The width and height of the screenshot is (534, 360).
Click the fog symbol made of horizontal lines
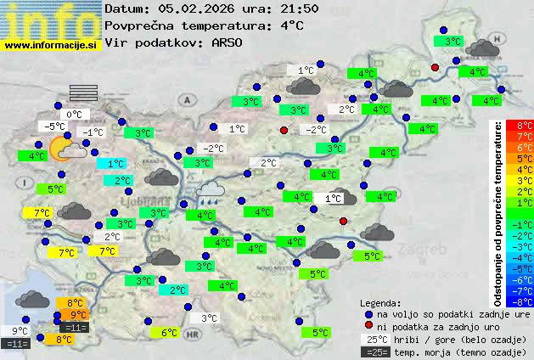[85, 93]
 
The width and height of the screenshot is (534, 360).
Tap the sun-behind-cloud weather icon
[65, 150]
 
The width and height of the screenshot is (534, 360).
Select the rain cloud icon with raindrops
[210, 191]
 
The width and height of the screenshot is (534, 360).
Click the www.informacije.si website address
[51, 45]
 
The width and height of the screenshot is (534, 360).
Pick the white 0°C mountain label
[74, 115]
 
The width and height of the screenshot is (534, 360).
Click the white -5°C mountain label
[55, 127]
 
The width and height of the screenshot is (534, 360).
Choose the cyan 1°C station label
[115, 164]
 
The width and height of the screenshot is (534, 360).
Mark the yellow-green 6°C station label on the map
[169, 333]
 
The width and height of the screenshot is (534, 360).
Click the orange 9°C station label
[79, 315]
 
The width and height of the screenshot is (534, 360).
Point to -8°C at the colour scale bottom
[519, 301]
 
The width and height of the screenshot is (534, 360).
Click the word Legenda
[380, 302]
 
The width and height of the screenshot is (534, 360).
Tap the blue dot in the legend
[368, 313]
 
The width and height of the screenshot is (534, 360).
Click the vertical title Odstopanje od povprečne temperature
[498, 212]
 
